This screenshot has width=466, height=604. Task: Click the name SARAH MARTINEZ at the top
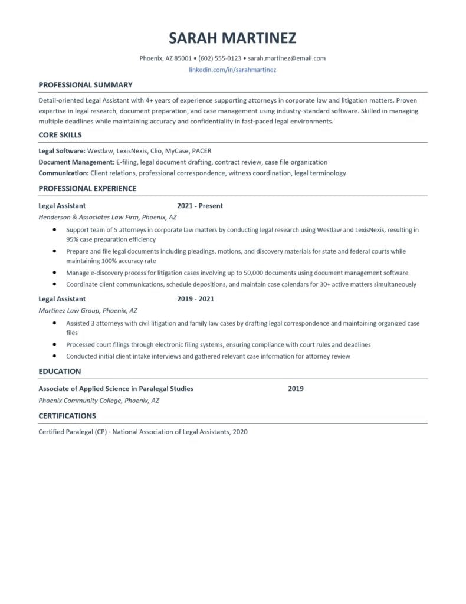tap(232, 38)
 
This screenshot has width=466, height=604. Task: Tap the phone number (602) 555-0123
tap(220, 58)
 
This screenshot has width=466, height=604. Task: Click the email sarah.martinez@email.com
tap(287, 58)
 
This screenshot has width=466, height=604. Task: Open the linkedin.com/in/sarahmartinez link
tap(232, 70)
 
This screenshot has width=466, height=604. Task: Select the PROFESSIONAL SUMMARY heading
tap(86, 85)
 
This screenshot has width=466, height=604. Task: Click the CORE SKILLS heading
tap(60, 135)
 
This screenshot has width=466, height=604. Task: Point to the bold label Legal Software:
tap(62, 151)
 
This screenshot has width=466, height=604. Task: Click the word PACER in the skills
tap(202, 151)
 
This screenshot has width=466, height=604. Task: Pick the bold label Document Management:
tap(76, 162)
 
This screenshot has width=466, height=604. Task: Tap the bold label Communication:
tap(64, 173)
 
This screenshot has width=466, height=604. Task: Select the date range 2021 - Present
tap(200, 206)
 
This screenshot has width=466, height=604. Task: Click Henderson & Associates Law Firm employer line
tap(107, 217)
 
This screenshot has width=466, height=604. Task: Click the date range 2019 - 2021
tap(195, 299)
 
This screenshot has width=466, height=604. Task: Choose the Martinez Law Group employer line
tap(88, 310)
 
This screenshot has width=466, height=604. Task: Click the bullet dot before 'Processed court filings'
tap(54, 344)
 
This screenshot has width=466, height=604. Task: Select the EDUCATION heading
tap(60, 372)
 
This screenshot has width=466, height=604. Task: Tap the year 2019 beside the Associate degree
tap(296, 389)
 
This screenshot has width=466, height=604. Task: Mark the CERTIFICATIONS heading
tap(67, 416)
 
